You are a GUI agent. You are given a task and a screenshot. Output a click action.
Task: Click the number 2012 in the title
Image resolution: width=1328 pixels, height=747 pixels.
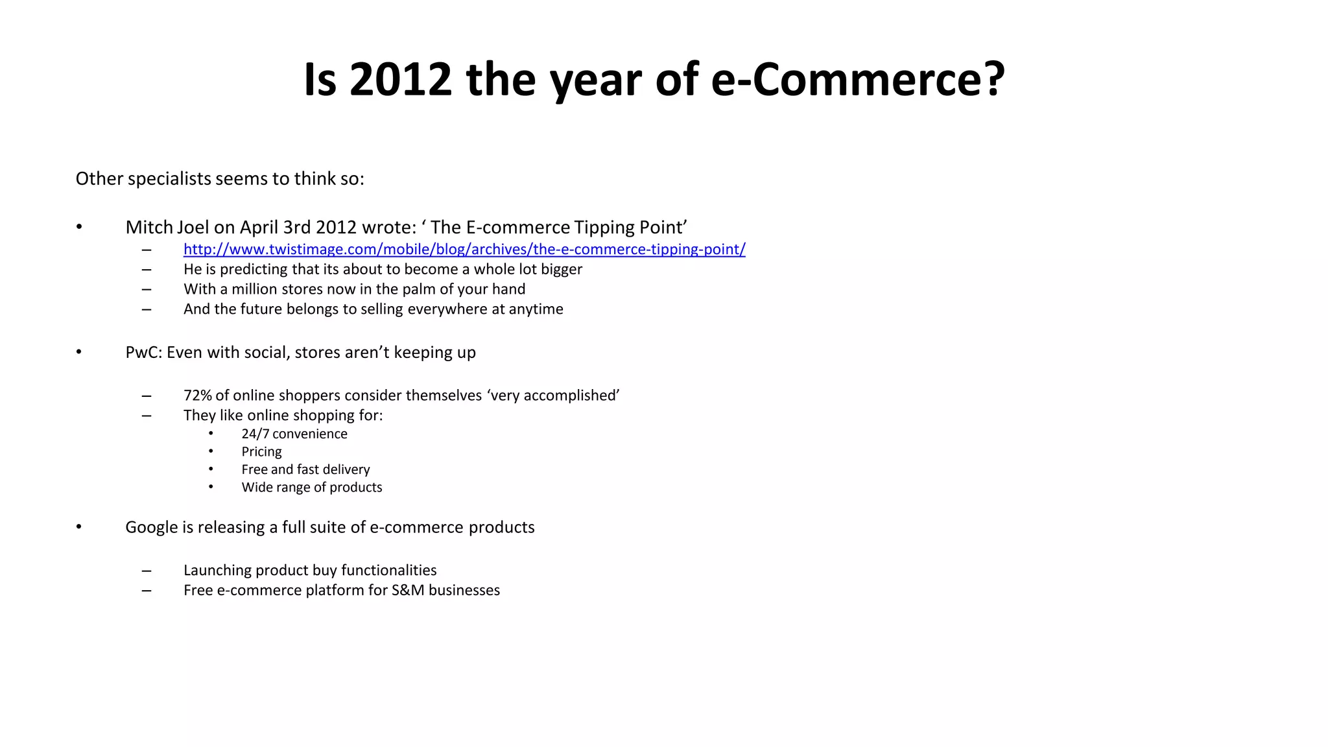click(x=400, y=80)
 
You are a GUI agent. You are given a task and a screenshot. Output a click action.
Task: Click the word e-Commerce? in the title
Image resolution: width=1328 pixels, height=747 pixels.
click(x=858, y=80)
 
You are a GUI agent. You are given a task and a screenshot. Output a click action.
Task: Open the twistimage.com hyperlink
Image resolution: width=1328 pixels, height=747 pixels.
click(x=464, y=249)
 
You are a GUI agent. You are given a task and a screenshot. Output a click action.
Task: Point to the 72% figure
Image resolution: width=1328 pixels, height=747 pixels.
click(x=197, y=396)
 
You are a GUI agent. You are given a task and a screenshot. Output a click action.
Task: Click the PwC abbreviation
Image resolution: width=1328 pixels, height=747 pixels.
click(x=143, y=352)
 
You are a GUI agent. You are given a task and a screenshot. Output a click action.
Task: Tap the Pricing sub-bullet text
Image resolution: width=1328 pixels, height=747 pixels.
click(x=261, y=452)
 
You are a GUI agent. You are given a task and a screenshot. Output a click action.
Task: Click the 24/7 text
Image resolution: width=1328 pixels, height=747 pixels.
click(x=255, y=434)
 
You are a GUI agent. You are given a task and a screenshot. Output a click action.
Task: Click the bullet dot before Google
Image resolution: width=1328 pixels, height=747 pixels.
click(x=78, y=527)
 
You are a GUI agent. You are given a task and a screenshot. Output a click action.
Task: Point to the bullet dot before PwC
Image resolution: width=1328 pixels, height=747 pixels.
click(x=78, y=352)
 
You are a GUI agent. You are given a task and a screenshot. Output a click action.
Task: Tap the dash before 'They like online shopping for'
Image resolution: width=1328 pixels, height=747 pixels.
click(x=147, y=416)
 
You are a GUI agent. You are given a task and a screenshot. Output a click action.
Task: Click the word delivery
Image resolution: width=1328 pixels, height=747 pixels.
click(x=346, y=469)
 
